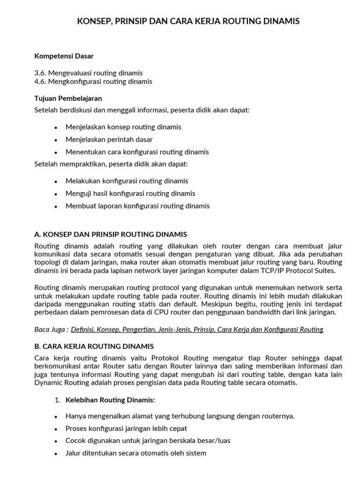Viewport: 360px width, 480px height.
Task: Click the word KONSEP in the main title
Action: [x=92, y=21]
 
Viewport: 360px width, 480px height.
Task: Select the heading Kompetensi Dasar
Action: [x=64, y=56]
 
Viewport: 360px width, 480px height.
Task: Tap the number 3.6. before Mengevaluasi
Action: [x=41, y=73]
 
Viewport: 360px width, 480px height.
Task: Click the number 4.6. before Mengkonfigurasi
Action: [x=41, y=82]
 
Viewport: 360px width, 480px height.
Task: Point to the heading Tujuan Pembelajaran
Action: [x=68, y=98]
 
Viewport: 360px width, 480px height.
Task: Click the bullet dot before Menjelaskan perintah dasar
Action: [x=56, y=140]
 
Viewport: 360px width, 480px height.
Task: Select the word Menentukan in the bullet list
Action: [x=82, y=152]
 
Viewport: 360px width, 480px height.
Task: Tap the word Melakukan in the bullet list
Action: [x=81, y=181]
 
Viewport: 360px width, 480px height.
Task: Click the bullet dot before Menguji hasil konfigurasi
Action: [x=56, y=194]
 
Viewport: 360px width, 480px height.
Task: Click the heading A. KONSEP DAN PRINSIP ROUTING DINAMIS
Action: [x=111, y=234]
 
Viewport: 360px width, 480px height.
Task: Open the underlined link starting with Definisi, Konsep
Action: [x=197, y=330]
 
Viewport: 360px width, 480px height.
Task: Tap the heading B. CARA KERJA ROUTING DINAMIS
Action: [x=94, y=346]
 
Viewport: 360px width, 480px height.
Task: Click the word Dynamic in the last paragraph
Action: [x=47, y=382]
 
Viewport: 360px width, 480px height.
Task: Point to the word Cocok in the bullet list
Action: [x=75, y=441]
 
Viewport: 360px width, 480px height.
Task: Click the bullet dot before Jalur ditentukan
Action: [x=56, y=454]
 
